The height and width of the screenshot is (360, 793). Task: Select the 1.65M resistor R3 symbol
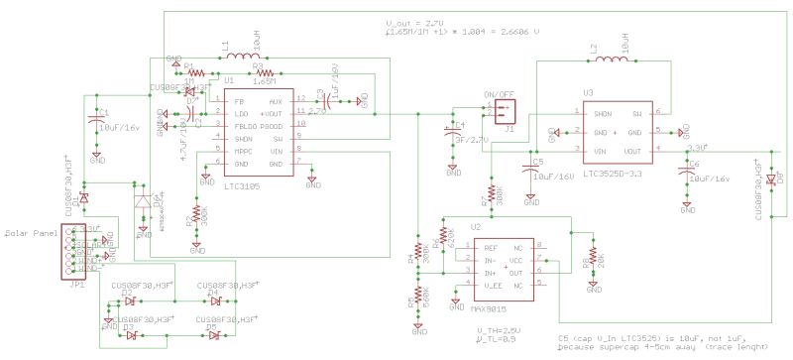pos(265,74)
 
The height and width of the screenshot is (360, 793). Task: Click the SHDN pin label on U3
pos(602,113)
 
